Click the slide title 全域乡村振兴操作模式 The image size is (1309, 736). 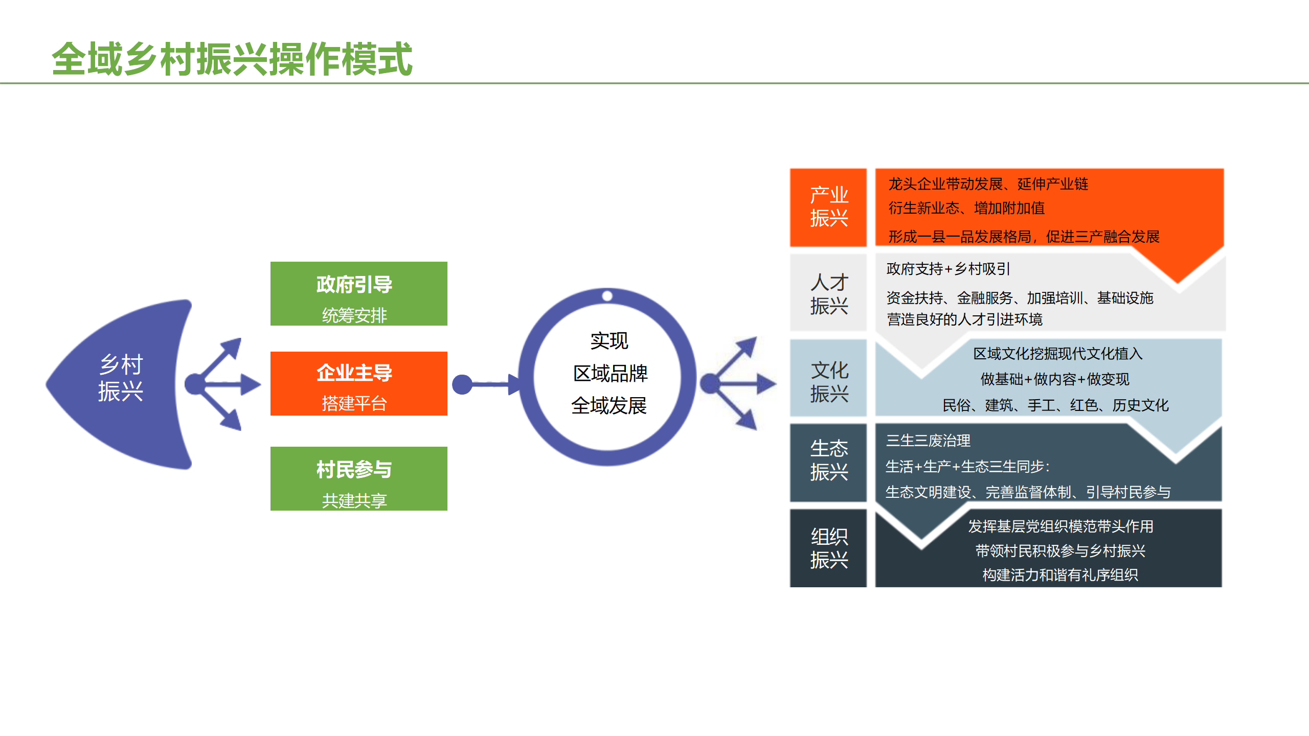click(232, 59)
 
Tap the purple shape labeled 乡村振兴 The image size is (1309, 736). click(121, 379)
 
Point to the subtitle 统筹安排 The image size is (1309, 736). click(354, 315)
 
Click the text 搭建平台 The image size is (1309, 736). click(354, 404)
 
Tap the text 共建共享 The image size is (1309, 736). click(354, 500)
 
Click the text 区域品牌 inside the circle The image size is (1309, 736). click(610, 374)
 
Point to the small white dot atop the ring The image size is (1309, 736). click(607, 296)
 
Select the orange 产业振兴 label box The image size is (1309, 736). click(828, 207)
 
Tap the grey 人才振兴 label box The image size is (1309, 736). click(828, 293)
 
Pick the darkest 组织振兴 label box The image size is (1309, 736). click(828, 548)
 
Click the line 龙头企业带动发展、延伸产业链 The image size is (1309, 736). click(988, 184)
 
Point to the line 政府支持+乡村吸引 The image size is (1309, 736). click(948, 269)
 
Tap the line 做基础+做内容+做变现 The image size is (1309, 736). click(1054, 379)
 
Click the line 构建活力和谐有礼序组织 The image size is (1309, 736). click(1060, 575)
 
